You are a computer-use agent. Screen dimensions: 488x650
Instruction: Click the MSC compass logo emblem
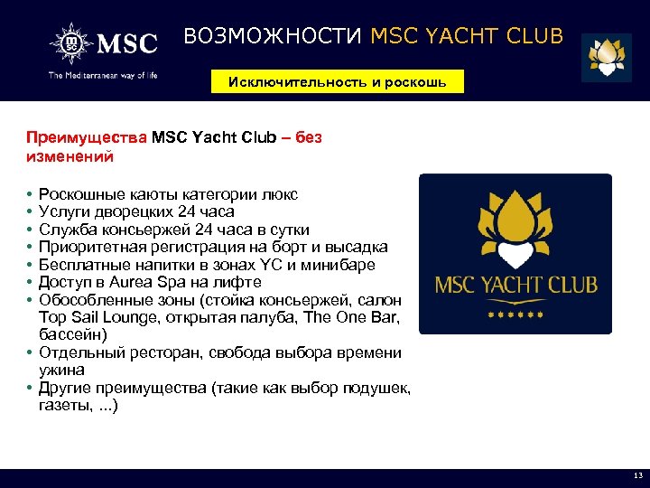71,42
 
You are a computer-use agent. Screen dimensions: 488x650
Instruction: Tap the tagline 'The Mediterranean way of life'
103,75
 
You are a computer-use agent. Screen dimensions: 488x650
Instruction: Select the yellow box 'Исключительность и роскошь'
336,81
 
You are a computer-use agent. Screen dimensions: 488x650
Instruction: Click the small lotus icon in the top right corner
606,57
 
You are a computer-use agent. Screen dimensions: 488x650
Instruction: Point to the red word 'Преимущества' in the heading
87,138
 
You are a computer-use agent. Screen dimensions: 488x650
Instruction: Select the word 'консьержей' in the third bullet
144,230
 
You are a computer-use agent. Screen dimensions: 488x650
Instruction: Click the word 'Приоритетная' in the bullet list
94,247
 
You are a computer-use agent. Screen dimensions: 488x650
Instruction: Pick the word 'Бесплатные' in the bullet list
86,265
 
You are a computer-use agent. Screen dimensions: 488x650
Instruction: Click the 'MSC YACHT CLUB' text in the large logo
515,286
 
